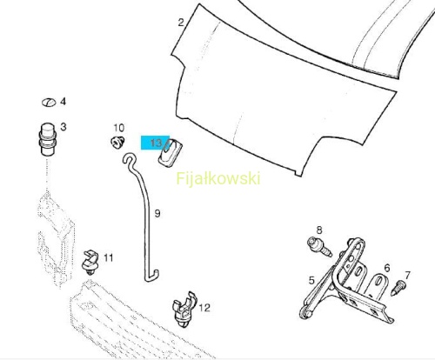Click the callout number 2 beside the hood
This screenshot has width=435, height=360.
pyautogui.click(x=181, y=23)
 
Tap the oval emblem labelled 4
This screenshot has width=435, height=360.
pyautogui.click(x=49, y=103)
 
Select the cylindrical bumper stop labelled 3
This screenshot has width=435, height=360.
pyautogui.click(x=47, y=139)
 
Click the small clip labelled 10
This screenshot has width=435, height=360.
pyautogui.click(x=117, y=142)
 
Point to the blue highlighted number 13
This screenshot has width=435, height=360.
pyautogui.click(x=156, y=143)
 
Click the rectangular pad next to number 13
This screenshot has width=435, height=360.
pyautogui.click(x=170, y=153)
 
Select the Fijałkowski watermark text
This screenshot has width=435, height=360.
pyautogui.click(x=218, y=178)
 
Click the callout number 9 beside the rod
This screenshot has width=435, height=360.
pyautogui.click(x=157, y=214)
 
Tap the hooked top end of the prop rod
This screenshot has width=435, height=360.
pyautogui.click(x=130, y=158)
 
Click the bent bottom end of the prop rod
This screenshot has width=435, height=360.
pyautogui.click(x=152, y=277)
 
